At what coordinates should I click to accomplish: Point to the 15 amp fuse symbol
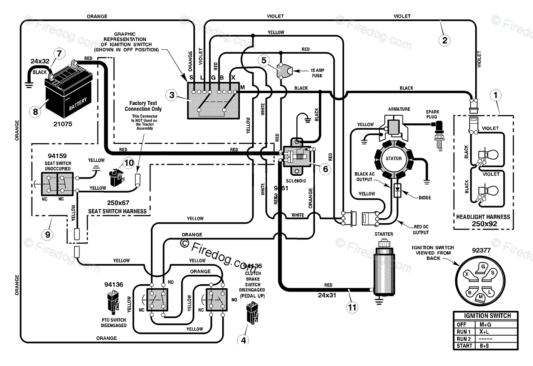click(282, 70)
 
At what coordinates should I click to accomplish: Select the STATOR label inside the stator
click(393, 159)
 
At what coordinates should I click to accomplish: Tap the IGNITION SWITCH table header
click(485, 316)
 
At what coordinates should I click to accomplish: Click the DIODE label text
click(425, 197)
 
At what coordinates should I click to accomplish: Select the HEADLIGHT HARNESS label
click(482, 217)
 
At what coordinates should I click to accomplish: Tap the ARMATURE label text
click(399, 109)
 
